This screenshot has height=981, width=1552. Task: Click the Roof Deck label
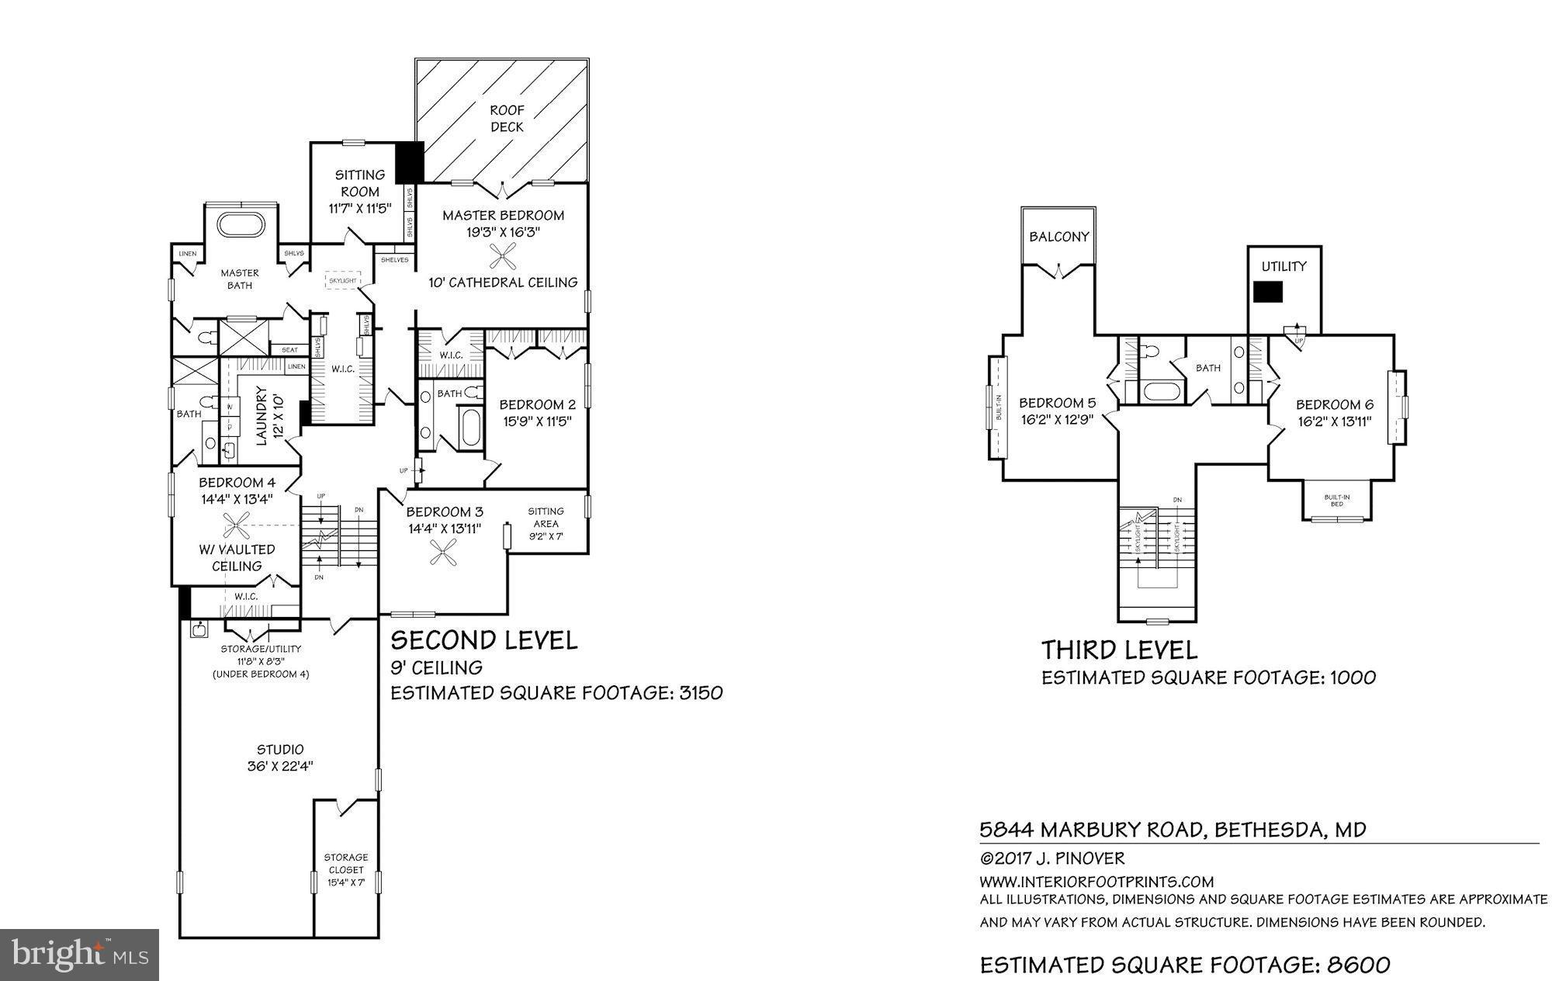pos(507,119)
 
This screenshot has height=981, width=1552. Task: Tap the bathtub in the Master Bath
pos(241,225)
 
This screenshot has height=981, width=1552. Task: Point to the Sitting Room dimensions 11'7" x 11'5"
pos(360,208)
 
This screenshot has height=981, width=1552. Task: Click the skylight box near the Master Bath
pos(342,280)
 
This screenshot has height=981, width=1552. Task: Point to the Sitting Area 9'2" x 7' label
pos(546,524)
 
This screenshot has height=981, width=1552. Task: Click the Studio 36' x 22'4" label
pos(280,757)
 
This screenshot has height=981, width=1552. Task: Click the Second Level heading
pos(483,640)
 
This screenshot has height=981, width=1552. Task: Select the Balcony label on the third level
pos(1059,237)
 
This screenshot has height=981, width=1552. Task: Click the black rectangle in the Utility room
pos(1268,292)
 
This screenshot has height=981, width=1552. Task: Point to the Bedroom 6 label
pos(1334,404)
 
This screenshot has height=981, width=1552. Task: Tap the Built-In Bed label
pos(1336,500)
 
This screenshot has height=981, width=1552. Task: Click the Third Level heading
pos(1119,650)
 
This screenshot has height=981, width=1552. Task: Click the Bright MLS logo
pos(80,955)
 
